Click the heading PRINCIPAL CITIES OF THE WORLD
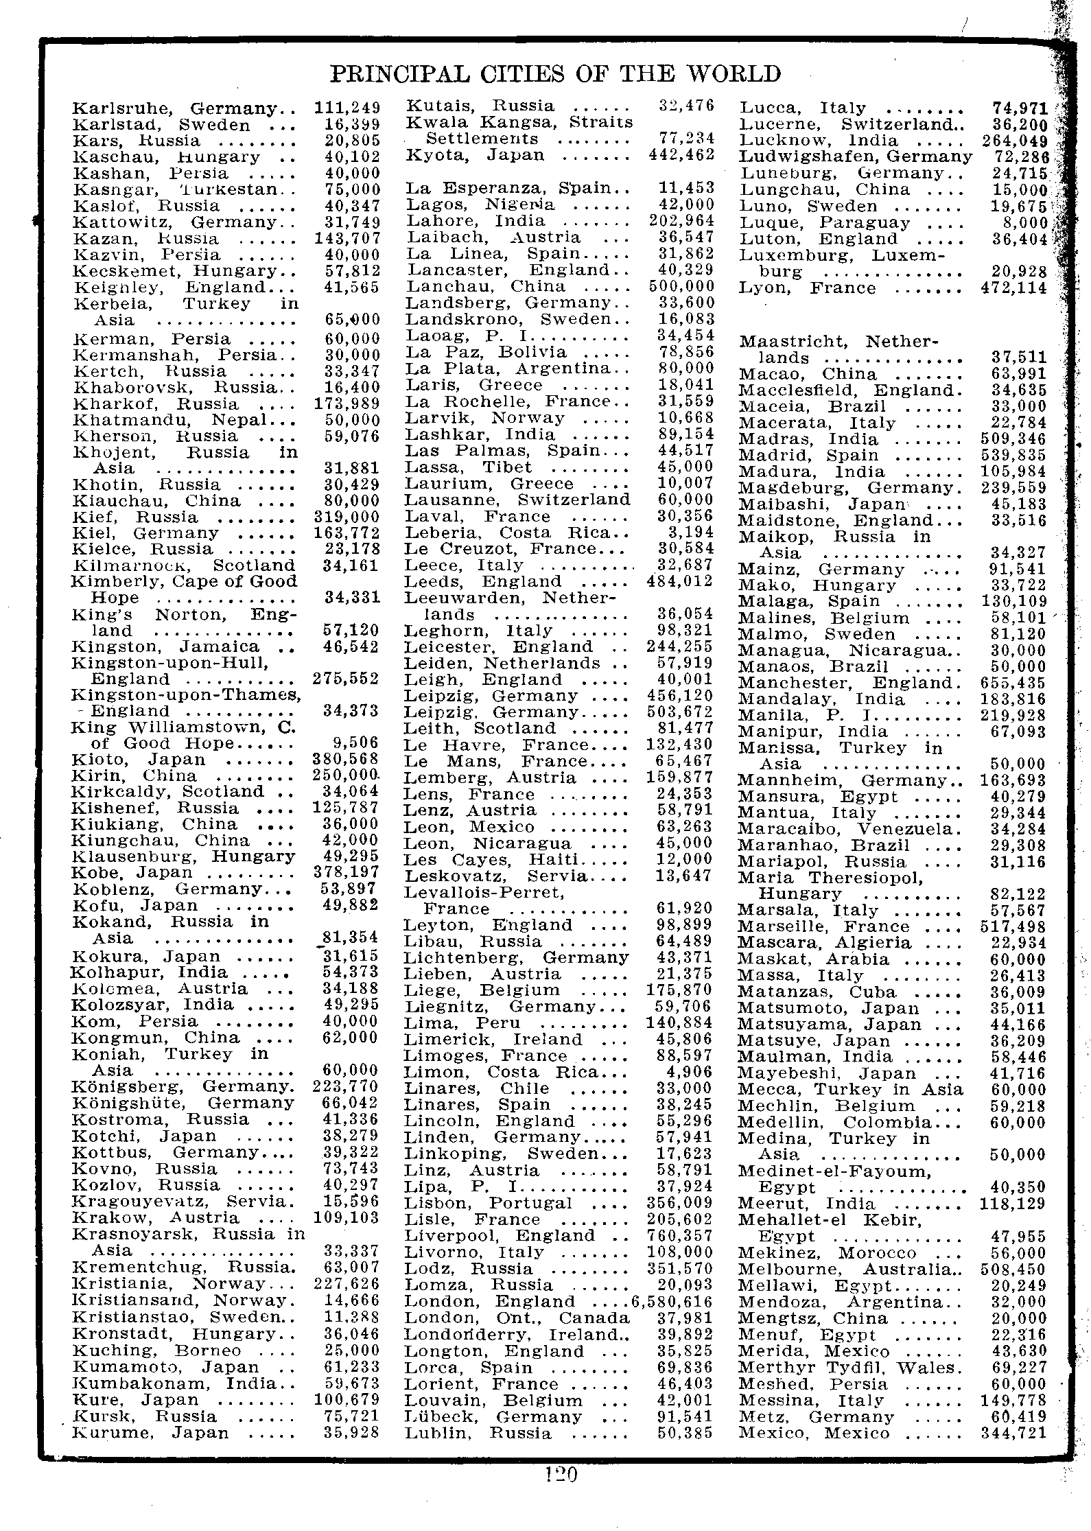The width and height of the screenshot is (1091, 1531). coord(555,73)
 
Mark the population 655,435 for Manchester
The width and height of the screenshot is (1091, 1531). coord(1013,683)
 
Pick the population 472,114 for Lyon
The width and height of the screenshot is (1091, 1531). coord(1013,288)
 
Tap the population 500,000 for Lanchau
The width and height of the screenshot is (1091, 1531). coord(681,286)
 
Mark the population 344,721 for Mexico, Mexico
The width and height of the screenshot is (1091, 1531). coord(1013,1434)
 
